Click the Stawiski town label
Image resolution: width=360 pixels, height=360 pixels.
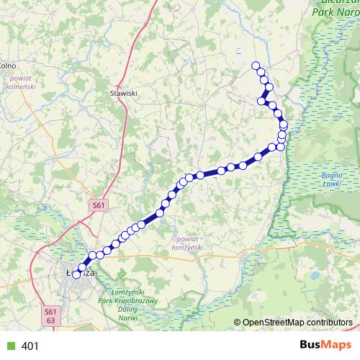(x=123, y=93)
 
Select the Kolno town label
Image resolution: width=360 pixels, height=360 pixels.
(x=7, y=66)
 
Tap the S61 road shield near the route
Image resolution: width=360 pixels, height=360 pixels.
(x=99, y=206)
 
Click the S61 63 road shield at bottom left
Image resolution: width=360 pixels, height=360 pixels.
(x=50, y=315)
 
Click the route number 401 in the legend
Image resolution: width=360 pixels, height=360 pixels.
(x=30, y=346)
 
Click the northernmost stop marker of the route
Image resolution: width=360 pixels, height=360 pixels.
(x=255, y=66)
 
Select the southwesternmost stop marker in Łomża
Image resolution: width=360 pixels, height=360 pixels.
(x=76, y=274)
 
